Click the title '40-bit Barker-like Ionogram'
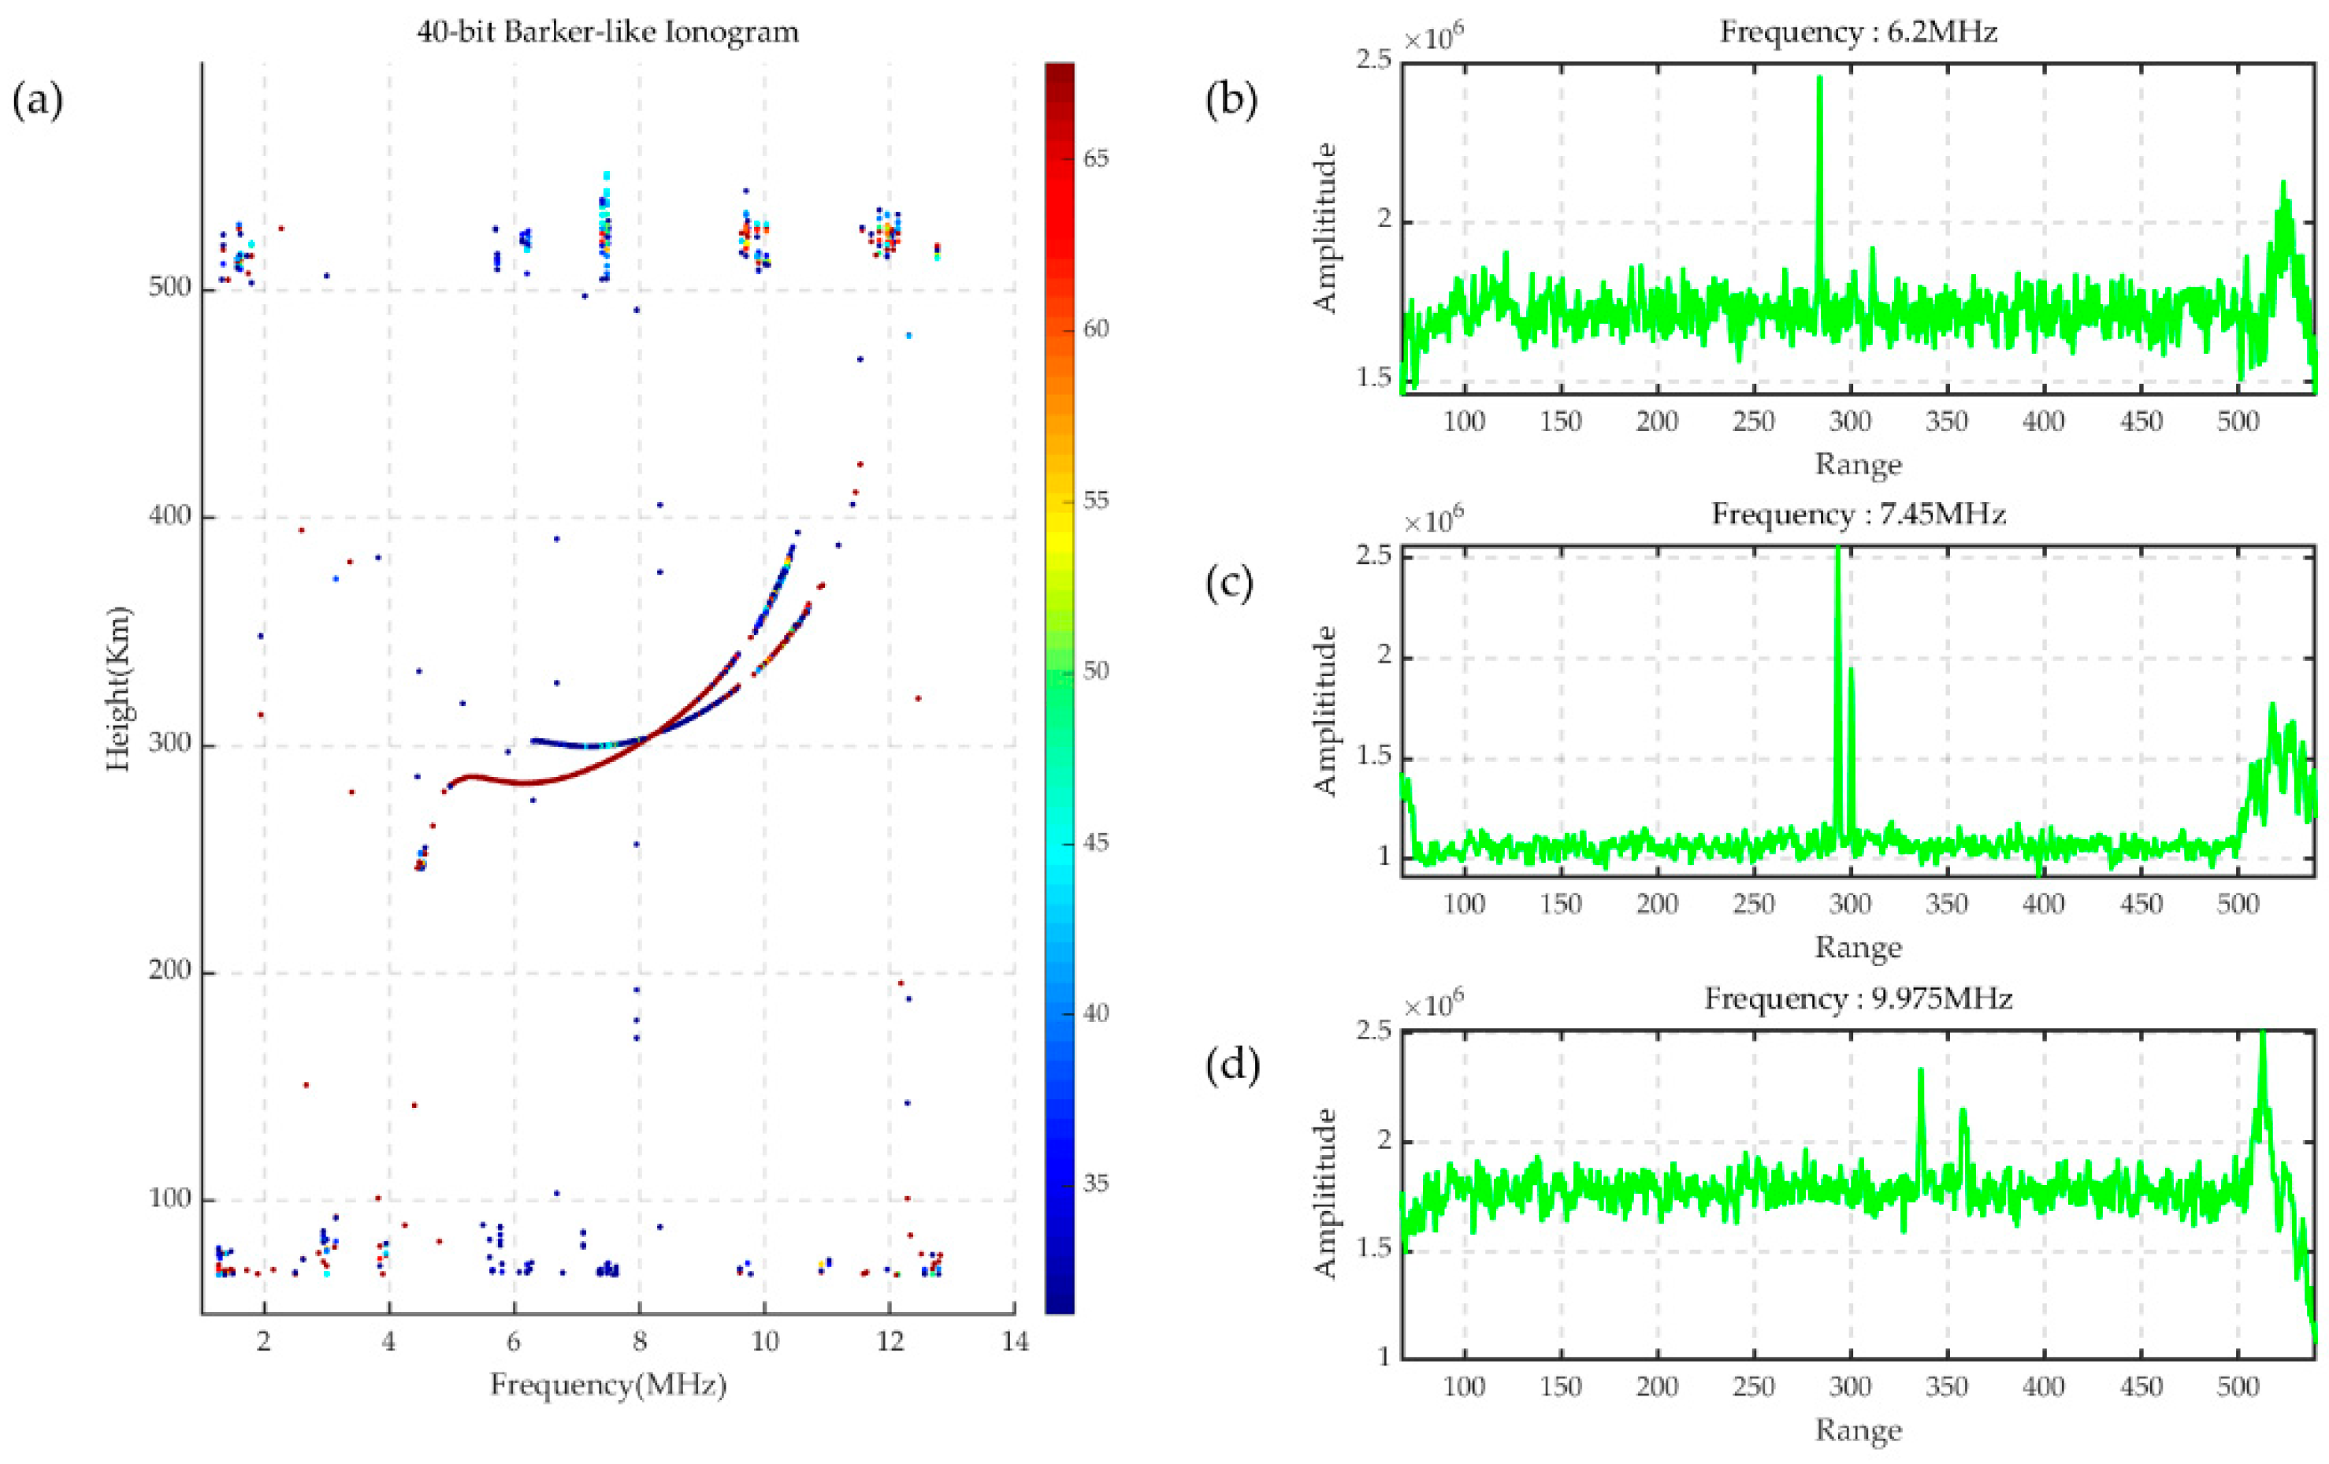coord(607,32)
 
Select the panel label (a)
coord(38,101)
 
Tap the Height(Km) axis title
coord(119,689)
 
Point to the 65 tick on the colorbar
coord(1095,158)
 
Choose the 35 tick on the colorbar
coord(1095,1183)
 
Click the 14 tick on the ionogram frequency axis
coord(1015,1341)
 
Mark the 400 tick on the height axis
coord(170,518)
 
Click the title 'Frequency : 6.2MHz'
coord(1858,32)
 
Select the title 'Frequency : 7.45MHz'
coord(1858,514)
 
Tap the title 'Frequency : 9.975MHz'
coord(1858,998)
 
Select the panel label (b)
coord(1232,101)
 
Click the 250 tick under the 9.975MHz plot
coord(1754,1387)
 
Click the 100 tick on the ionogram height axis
coord(170,1200)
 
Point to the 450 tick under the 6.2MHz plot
coord(2141,422)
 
